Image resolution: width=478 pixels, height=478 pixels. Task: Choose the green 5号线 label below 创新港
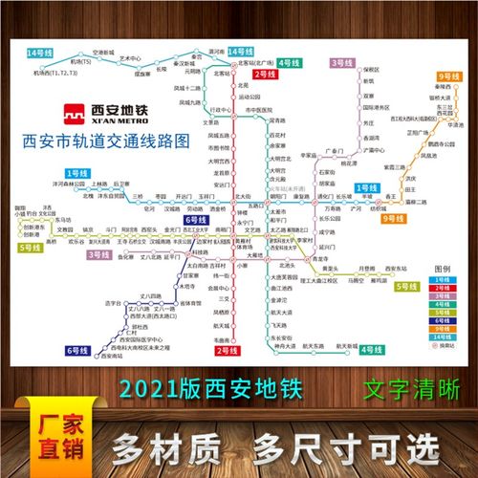tap(30, 247)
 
